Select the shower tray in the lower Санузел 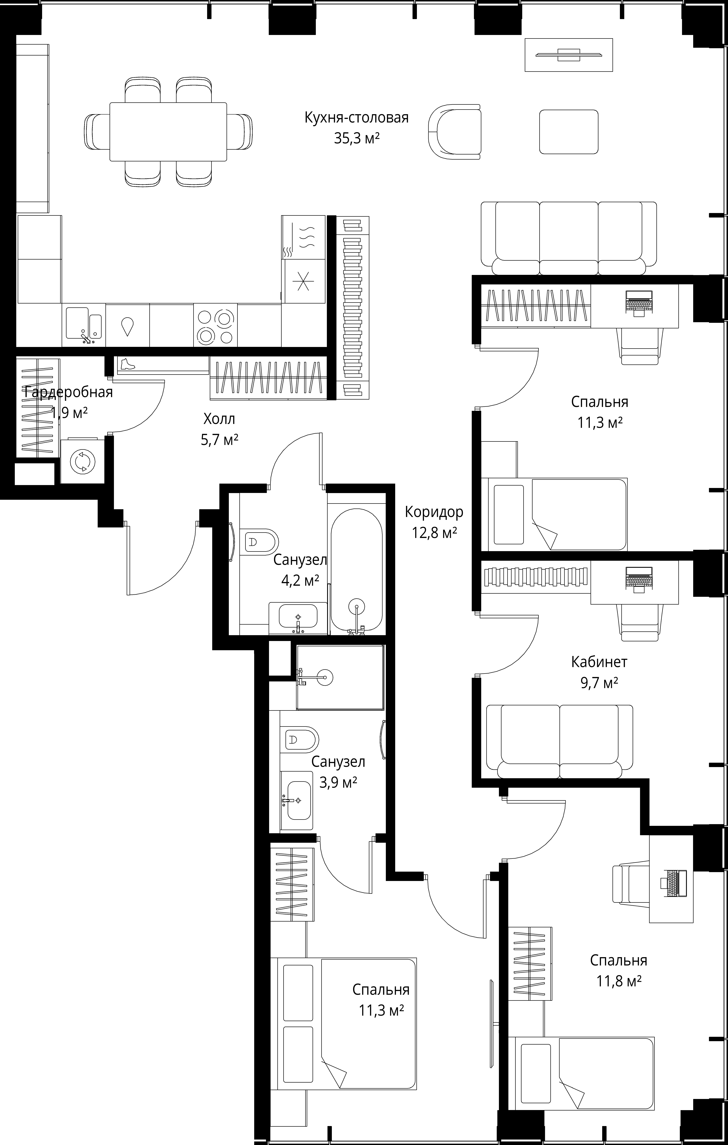click(x=340, y=677)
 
